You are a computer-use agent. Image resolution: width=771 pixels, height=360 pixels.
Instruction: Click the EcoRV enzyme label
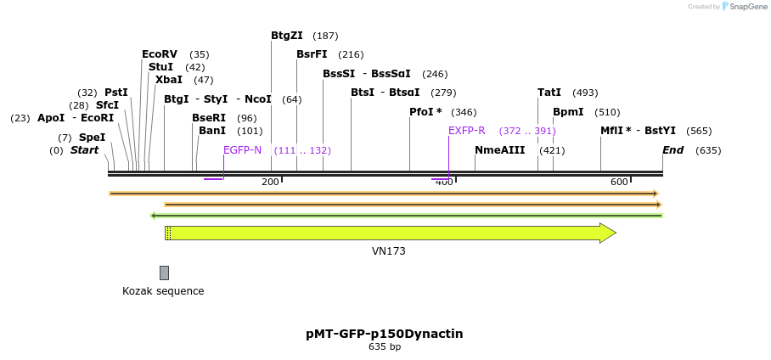(160, 54)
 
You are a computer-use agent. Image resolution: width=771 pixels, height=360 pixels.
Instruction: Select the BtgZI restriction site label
(287, 36)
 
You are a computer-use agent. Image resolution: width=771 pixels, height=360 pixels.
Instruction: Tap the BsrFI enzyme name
(312, 54)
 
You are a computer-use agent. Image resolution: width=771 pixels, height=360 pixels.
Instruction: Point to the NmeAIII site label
(500, 150)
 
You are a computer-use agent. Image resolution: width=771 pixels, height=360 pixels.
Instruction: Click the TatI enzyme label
(549, 93)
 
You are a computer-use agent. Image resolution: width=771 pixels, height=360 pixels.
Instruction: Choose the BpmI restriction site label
(568, 112)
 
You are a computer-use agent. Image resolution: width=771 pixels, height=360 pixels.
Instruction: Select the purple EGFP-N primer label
(243, 150)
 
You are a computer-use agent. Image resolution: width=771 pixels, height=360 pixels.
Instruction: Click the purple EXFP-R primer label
(467, 131)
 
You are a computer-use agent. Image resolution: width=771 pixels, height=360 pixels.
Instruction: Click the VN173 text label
(389, 251)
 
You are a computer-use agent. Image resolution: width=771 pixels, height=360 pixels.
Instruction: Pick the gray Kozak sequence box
(164, 273)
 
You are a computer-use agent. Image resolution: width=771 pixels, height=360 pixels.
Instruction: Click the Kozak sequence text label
(163, 291)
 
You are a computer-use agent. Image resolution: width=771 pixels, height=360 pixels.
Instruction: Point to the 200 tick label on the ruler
(270, 182)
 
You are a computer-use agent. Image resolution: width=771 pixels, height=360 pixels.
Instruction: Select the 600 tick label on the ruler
(619, 182)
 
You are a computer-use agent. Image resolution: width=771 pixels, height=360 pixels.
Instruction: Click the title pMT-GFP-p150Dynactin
(385, 334)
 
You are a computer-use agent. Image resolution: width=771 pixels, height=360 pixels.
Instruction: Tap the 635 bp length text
(385, 346)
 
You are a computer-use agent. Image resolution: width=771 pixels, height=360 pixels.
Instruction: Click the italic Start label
(84, 150)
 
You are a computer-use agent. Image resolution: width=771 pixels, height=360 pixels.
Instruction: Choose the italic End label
(673, 150)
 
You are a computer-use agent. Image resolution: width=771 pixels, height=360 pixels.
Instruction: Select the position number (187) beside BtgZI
(325, 36)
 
